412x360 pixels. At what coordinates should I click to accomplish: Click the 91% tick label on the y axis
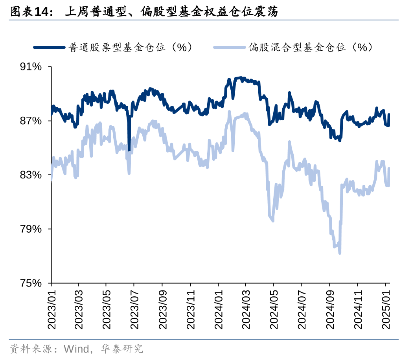coord(31,67)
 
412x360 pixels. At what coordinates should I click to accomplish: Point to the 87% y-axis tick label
coord(31,121)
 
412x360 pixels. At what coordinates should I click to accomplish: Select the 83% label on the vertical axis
coord(31,175)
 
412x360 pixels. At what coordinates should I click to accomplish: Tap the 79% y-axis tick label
coord(31,229)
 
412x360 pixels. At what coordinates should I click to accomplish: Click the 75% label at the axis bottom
coord(31,283)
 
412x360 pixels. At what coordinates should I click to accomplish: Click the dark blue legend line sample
coord(50,48)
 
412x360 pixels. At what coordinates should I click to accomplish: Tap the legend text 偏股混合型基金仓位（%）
coord(311,48)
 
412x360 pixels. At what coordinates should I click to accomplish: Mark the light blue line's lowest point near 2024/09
coord(340,253)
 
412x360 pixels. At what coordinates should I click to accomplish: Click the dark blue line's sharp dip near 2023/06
coord(129,150)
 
